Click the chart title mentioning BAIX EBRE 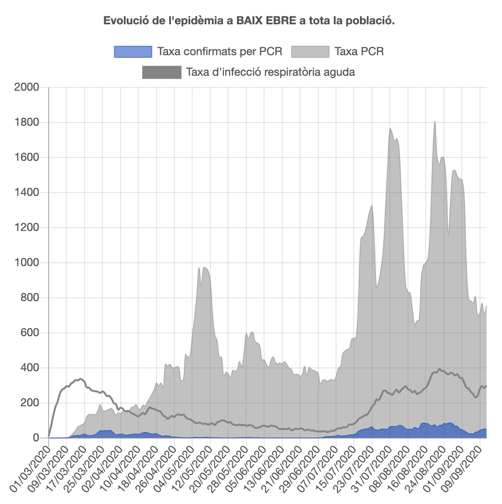coord(249,21)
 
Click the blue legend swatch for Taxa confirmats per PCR coord(133,51)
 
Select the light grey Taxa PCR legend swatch coord(310,51)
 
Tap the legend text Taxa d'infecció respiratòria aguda coord(270,72)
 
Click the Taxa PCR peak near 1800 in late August coord(435,122)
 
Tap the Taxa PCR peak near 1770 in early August coord(390,129)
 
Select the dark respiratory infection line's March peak coord(80,379)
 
